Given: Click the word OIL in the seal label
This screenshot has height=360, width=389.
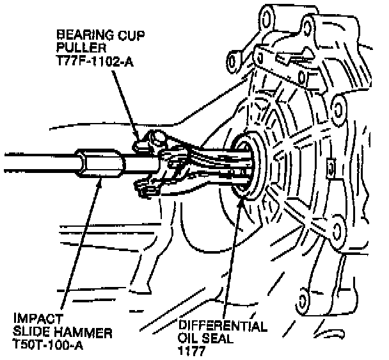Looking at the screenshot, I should [x=191, y=338].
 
